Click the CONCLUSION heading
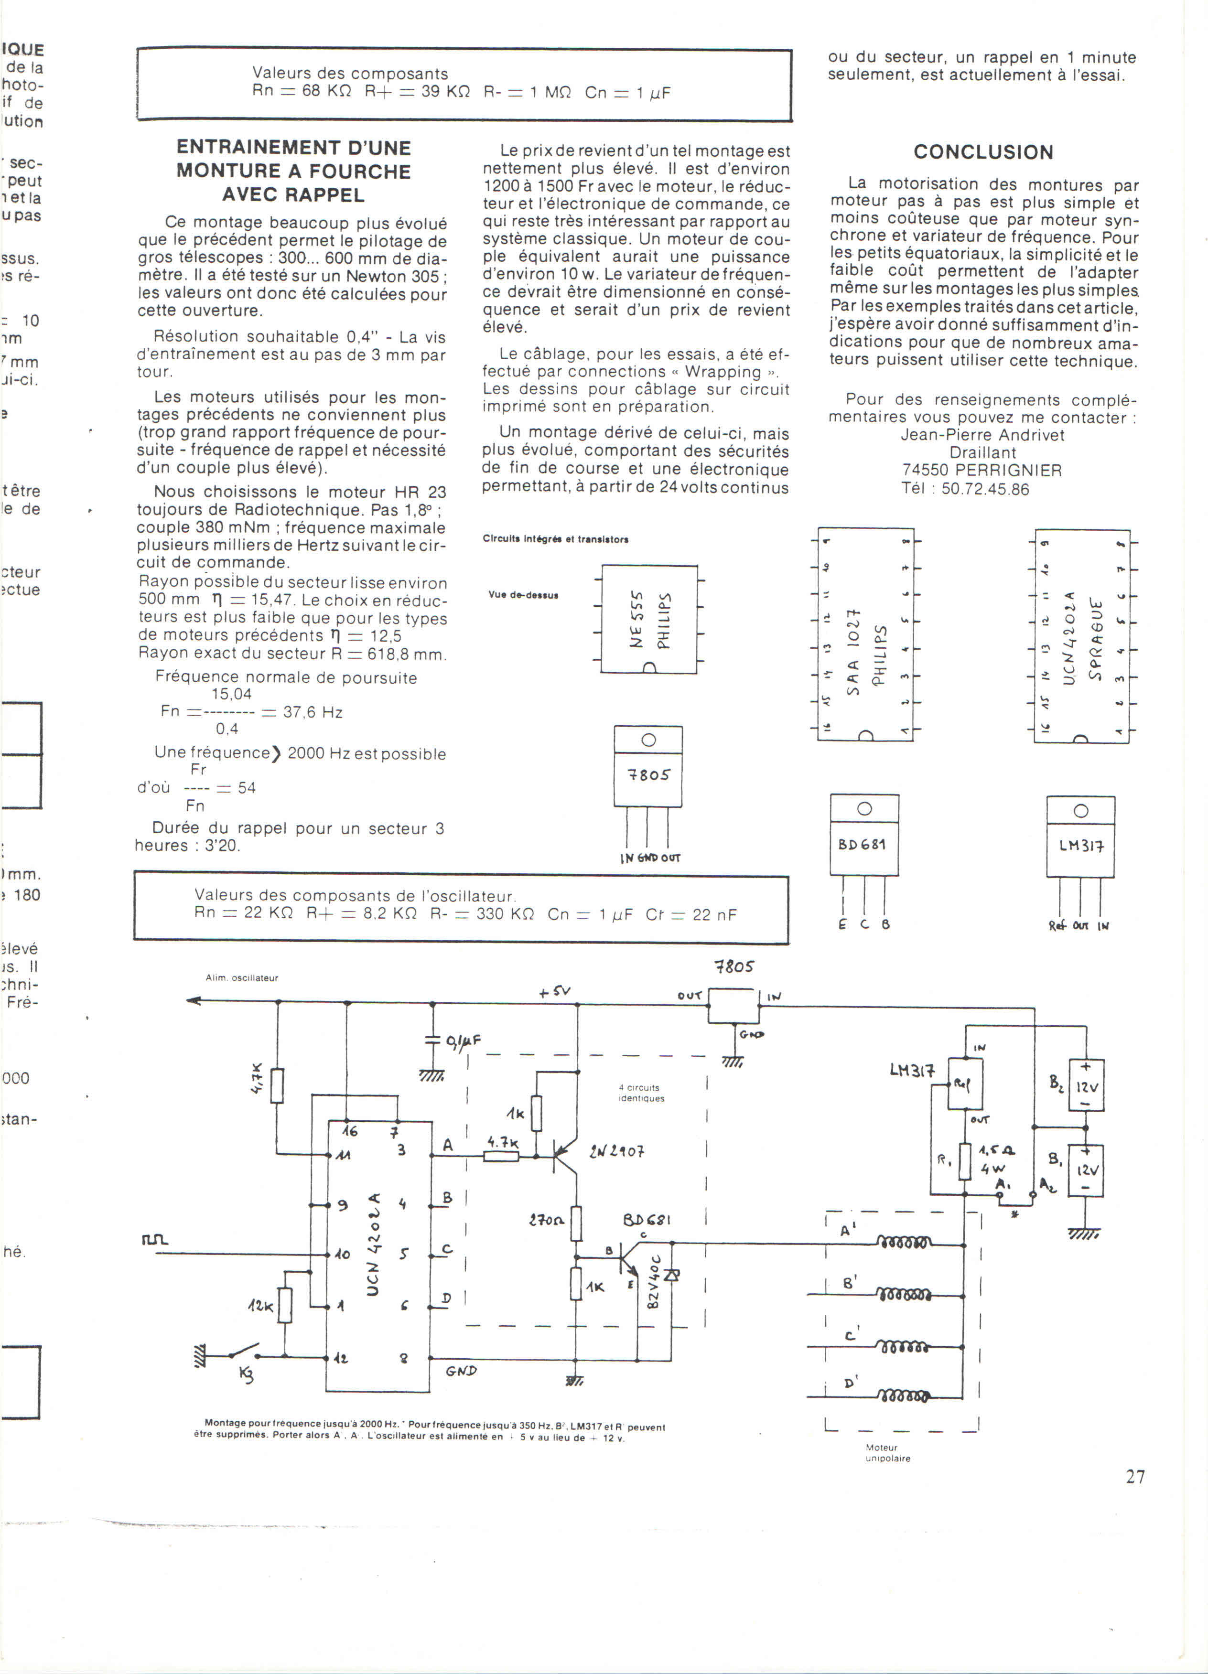[x=983, y=152]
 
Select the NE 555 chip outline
[x=649, y=619]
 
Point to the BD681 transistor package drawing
[x=864, y=836]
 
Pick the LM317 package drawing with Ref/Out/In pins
[x=1080, y=838]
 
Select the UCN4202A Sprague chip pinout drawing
[x=1082, y=636]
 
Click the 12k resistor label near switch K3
[x=260, y=1306]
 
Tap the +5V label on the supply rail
[x=554, y=992]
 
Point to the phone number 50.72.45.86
[x=985, y=489]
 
